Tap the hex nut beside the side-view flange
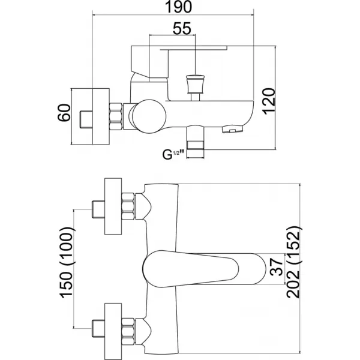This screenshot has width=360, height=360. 117,116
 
